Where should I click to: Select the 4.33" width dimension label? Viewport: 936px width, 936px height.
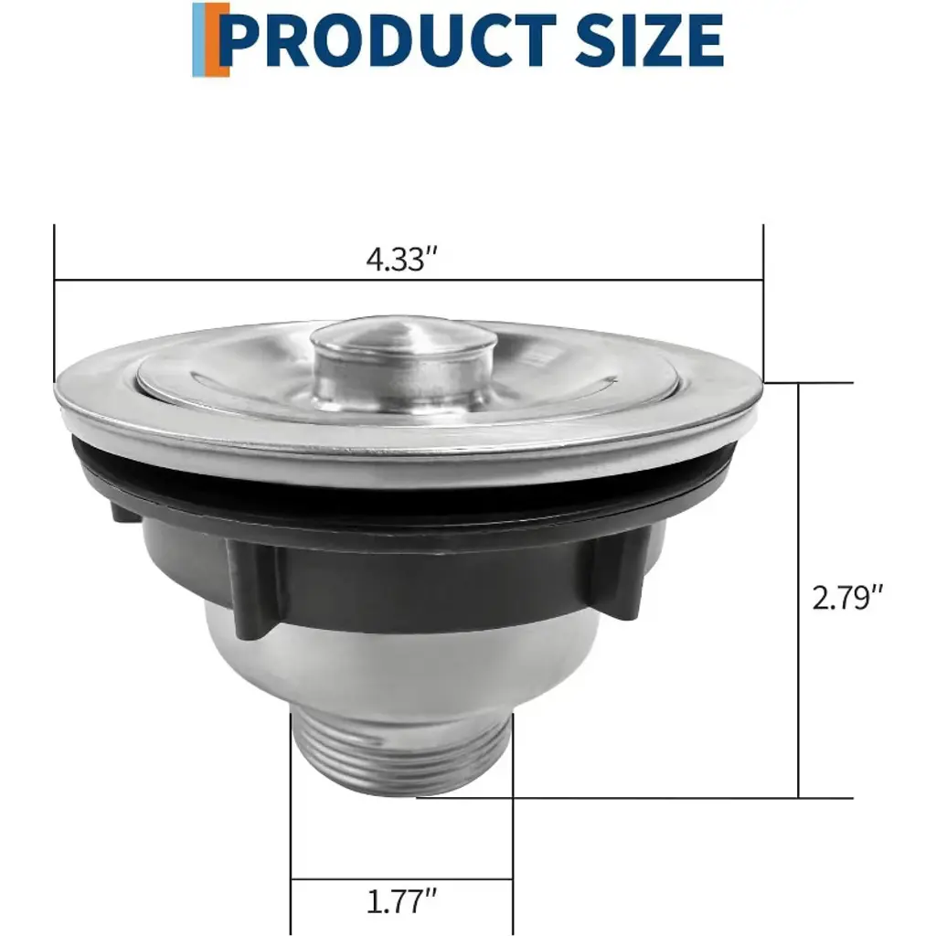point(402,259)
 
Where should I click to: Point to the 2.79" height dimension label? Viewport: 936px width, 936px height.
point(847,597)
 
